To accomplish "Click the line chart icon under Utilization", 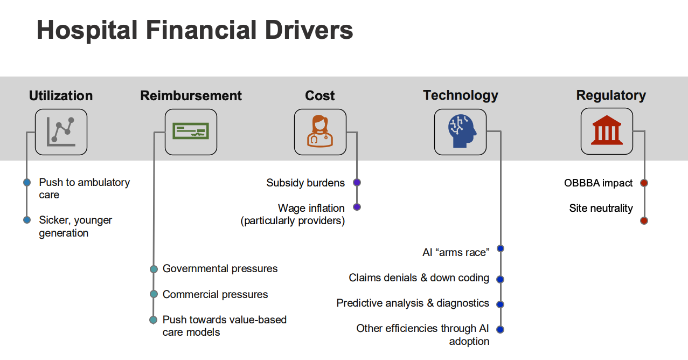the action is click(61, 132).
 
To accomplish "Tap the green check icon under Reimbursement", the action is click(191, 131).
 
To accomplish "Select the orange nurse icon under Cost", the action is click(320, 131).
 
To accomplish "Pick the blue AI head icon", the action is click(462, 131).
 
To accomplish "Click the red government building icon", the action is click(607, 130).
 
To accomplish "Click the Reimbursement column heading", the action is click(191, 95).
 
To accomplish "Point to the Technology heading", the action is click(461, 95).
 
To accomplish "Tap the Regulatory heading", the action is click(611, 95).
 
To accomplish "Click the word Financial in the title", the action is click(201, 30).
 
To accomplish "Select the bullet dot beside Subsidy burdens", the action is click(357, 183).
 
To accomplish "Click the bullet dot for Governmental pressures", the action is click(154, 269).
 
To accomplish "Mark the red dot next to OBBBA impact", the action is click(644, 183).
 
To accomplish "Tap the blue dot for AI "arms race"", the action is click(501, 248).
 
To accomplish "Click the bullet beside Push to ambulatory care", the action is click(27, 183).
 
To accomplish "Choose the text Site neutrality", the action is click(601, 208).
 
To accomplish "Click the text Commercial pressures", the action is click(215, 294).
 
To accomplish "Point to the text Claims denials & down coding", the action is click(419, 278).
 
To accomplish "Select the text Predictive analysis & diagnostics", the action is click(413, 303).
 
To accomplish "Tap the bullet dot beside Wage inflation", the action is click(357, 207).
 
